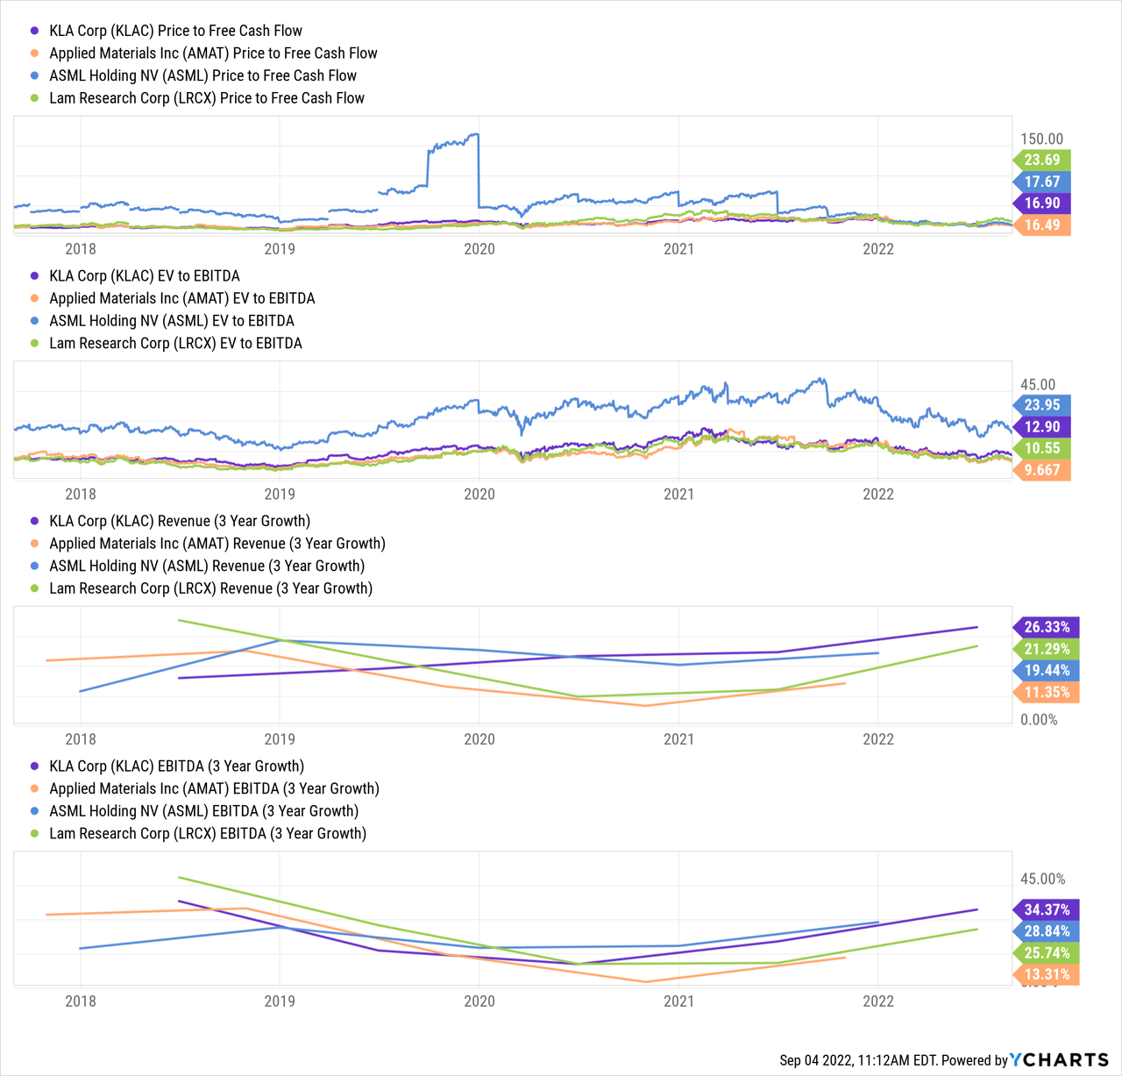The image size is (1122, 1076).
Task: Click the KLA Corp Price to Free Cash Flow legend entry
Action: point(175,31)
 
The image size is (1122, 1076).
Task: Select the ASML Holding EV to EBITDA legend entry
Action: point(172,321)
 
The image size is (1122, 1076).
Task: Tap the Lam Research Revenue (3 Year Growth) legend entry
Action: point(210,588)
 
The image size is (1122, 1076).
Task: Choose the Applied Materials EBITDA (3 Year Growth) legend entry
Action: point(214,788)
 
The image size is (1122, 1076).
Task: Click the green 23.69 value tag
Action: point(1042,160)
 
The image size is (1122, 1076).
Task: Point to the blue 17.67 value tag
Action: point(1042,182)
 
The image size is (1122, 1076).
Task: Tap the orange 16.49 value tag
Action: point(1042,224)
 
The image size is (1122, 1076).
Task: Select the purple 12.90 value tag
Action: point(1042,427)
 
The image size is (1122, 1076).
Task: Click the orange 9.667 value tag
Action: point(1042,470)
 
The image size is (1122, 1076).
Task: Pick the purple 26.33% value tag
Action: point(1047,627)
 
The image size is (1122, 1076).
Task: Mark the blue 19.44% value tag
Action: point(1047,670)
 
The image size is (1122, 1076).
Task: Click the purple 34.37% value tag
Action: point(1047,909)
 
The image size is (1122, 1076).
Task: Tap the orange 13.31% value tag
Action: point(1047,974)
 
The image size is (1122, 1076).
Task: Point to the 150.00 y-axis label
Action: point(1041,139)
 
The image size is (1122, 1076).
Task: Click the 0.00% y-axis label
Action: point(1040,720)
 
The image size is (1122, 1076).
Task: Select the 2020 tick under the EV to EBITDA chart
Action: point(479,494)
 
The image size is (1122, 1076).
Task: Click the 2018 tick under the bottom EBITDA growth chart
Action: point(81,1001)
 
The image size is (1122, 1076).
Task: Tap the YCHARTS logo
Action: point(1059,1060)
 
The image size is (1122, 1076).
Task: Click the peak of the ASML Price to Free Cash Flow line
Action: point(476,134)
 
